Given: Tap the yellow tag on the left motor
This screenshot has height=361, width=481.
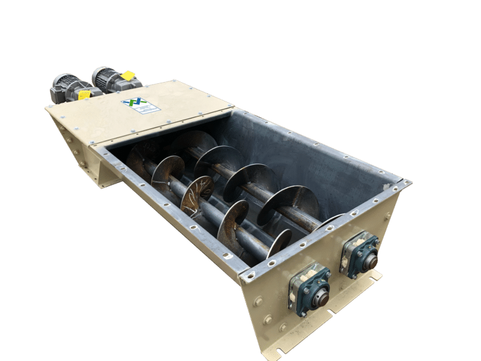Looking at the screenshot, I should (84, 95).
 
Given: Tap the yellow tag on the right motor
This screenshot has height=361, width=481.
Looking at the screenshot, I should (128, 76).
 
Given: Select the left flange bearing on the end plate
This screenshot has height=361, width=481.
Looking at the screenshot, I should (309, 288).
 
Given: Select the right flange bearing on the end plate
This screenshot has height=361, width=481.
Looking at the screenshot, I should (360, 253).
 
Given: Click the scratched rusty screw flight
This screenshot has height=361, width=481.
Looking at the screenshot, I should (197, 195).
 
